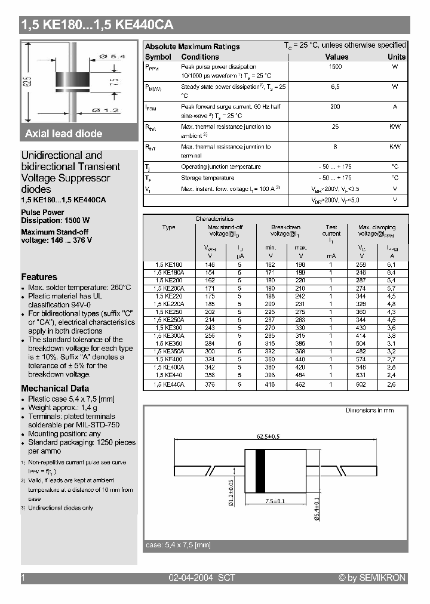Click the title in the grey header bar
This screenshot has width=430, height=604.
tap(97, 25)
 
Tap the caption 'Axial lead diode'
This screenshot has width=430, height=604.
tap(64, 134)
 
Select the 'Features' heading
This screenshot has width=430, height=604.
tap(39, 277)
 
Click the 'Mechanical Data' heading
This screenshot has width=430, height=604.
tap(53, 389)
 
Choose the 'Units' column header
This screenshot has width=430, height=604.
tap(396, 57)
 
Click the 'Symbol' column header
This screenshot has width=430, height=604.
tap(158, 57)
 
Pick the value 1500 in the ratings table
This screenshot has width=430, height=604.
tap(336, 67)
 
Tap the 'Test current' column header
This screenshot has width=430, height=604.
tap(331, 230)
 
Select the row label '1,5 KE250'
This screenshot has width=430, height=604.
tap(169, 312)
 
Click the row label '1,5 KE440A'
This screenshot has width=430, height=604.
tap(170, 385)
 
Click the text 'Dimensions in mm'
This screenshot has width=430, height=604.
tap(370, 411)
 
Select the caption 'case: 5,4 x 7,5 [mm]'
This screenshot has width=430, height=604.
tap(179, 545)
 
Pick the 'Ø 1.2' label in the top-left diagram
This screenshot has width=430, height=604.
tap(107, 110)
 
